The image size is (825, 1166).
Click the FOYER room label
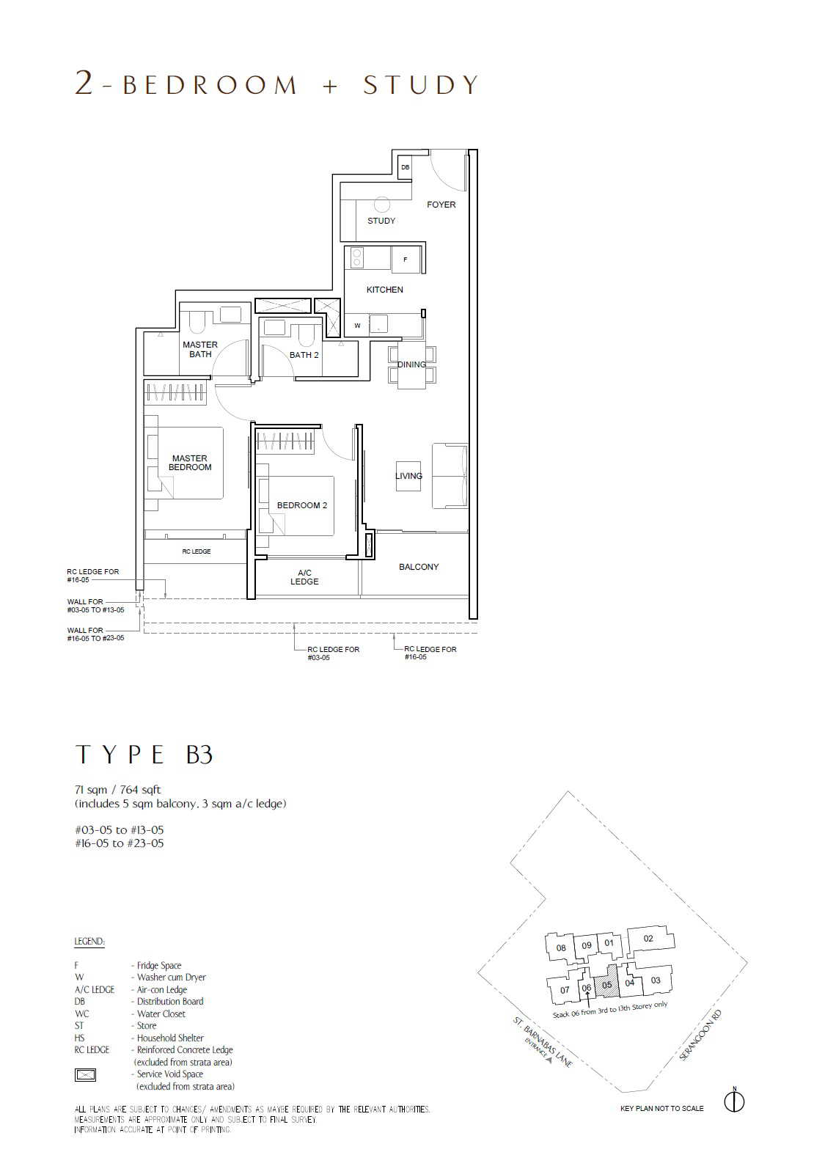tap(441, 205)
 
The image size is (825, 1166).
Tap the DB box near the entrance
tap(405, 167)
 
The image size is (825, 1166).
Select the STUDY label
tap(381, 221)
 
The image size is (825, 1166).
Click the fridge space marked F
tap(406, 259)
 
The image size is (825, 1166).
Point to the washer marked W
tap(357, 326)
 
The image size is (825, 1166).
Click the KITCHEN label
tap(385, 290)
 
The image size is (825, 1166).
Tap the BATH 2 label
tap(304, 355)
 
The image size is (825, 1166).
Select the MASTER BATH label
tap(200, 349)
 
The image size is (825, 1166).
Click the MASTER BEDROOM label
tap(189, 463)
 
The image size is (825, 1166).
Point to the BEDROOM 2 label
tap(302, 505)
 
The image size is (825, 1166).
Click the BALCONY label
tap(419, 567)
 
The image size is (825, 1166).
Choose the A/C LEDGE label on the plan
tap(304, 577)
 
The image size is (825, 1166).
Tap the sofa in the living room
tap(450, 476)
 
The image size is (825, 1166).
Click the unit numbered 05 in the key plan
tap(607, 986)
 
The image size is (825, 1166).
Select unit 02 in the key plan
tap(648, 939)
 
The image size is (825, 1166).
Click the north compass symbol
tap(734, 1101)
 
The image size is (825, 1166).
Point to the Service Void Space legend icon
tap(85, 1074)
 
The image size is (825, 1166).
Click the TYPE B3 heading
tap(144, 755)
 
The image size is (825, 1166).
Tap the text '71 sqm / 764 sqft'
tap(117, 790)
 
